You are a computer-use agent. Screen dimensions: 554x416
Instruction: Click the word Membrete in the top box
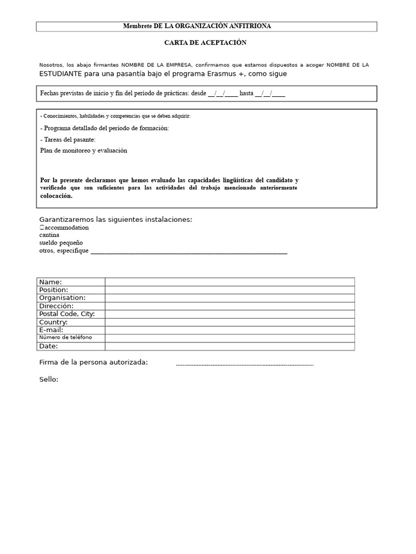(x=138, y=26)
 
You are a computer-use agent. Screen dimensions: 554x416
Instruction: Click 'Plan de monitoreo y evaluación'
(x=83, y=150)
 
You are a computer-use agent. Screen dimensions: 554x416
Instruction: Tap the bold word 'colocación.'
(x=56, y=196)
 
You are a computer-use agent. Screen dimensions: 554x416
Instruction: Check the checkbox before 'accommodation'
(x=42, y=228)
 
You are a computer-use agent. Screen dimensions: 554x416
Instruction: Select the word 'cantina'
(x=49, y=235)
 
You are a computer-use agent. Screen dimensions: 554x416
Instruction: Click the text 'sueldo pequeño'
(x=61, y=243)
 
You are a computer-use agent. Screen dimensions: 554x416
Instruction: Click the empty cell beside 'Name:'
(x=230, y=282)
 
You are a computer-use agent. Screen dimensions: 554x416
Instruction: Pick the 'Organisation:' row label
(x=62, y=298)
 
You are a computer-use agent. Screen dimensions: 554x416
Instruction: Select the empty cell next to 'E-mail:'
(x=230, y=330)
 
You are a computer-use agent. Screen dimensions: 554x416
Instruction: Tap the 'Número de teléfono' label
(x=66, y=338)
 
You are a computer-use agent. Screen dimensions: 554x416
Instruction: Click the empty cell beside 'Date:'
(x=230, y=346)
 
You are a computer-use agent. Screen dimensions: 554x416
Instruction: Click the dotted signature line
(x=244, y=365)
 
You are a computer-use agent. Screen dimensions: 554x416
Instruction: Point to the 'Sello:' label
(x=49, y=379)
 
